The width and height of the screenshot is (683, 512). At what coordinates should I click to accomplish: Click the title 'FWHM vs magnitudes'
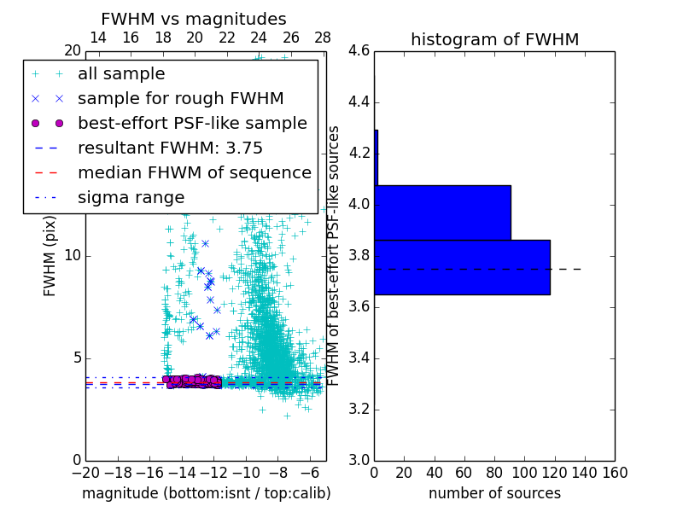(193, 20)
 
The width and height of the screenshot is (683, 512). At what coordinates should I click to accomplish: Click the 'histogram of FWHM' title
(494, 39)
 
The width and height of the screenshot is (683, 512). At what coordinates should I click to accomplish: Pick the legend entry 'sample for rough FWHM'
(180, 99)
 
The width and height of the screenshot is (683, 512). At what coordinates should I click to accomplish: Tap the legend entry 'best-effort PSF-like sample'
(192, 123)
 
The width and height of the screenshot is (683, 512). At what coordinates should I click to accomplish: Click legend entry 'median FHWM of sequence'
(194, 172)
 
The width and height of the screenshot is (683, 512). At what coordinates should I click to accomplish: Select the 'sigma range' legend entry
(131, 197)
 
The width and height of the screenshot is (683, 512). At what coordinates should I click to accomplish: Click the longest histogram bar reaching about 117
(462, 267)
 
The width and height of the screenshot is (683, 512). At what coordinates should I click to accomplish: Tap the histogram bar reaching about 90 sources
(442, 212)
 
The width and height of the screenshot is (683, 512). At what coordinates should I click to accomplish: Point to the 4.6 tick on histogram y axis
(359, 51)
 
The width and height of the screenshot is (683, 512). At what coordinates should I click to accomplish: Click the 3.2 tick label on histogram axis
(359, 410)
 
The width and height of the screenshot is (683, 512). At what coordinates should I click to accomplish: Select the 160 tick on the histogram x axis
(615, 473)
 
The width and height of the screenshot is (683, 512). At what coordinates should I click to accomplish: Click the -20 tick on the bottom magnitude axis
(85, 473)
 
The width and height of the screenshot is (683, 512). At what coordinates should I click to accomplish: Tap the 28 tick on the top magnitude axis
(323, 38)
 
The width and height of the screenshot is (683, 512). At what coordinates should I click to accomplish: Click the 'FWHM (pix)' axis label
(50, 256)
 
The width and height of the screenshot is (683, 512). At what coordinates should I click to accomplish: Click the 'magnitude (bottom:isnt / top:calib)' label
(206, 493)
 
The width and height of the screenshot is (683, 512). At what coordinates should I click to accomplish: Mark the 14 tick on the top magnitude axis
(98, 38)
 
